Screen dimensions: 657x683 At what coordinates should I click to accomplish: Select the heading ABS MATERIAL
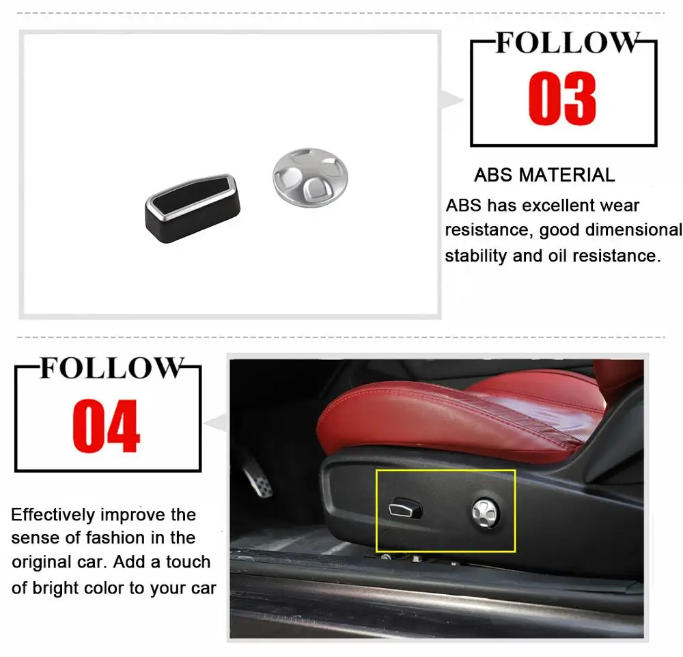544,175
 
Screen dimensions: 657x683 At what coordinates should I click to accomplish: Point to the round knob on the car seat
486,509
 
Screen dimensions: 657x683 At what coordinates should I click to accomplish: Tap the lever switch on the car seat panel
404,509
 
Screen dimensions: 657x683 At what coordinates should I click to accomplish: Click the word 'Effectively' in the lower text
55,515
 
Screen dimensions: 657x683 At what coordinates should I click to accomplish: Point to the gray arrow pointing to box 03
451,100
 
